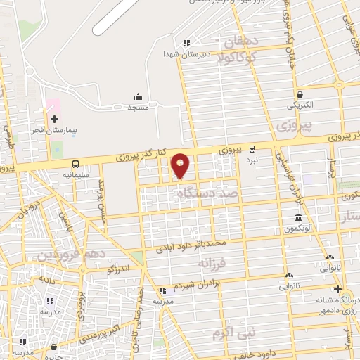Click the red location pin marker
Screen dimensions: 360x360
[x=181, y=166]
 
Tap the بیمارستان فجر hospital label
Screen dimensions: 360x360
[x=54, y=131]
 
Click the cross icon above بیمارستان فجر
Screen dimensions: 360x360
[x=54, y=119]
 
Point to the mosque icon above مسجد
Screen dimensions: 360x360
[x=138, y=96]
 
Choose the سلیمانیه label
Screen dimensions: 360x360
[x=75, y=174]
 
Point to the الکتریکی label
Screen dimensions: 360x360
[x=300, y=105]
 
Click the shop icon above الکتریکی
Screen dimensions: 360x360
[x=300, y=94]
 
